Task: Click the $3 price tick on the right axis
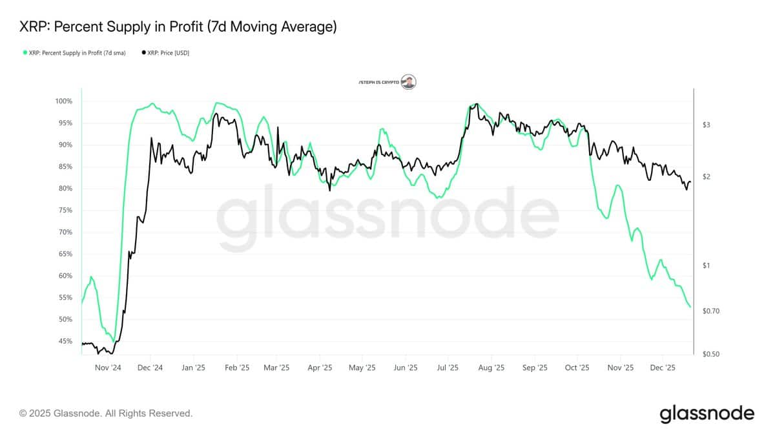click(707, 125)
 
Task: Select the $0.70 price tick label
click(710, 311)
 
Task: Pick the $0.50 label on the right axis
click(710, 354)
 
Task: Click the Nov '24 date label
click(108, 368)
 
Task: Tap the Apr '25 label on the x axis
click(320, 368)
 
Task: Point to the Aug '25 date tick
click(491, 368)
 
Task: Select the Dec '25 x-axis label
click(663, 368)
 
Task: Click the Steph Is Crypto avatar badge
click(408, 81)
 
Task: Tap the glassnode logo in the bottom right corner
click(707, 413)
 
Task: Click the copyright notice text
click(106, 413)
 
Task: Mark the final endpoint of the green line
click(690, 307)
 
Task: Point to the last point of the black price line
click(690, 182)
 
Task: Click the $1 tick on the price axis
click(706, 265)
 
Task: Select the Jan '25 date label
click(193, 368)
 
